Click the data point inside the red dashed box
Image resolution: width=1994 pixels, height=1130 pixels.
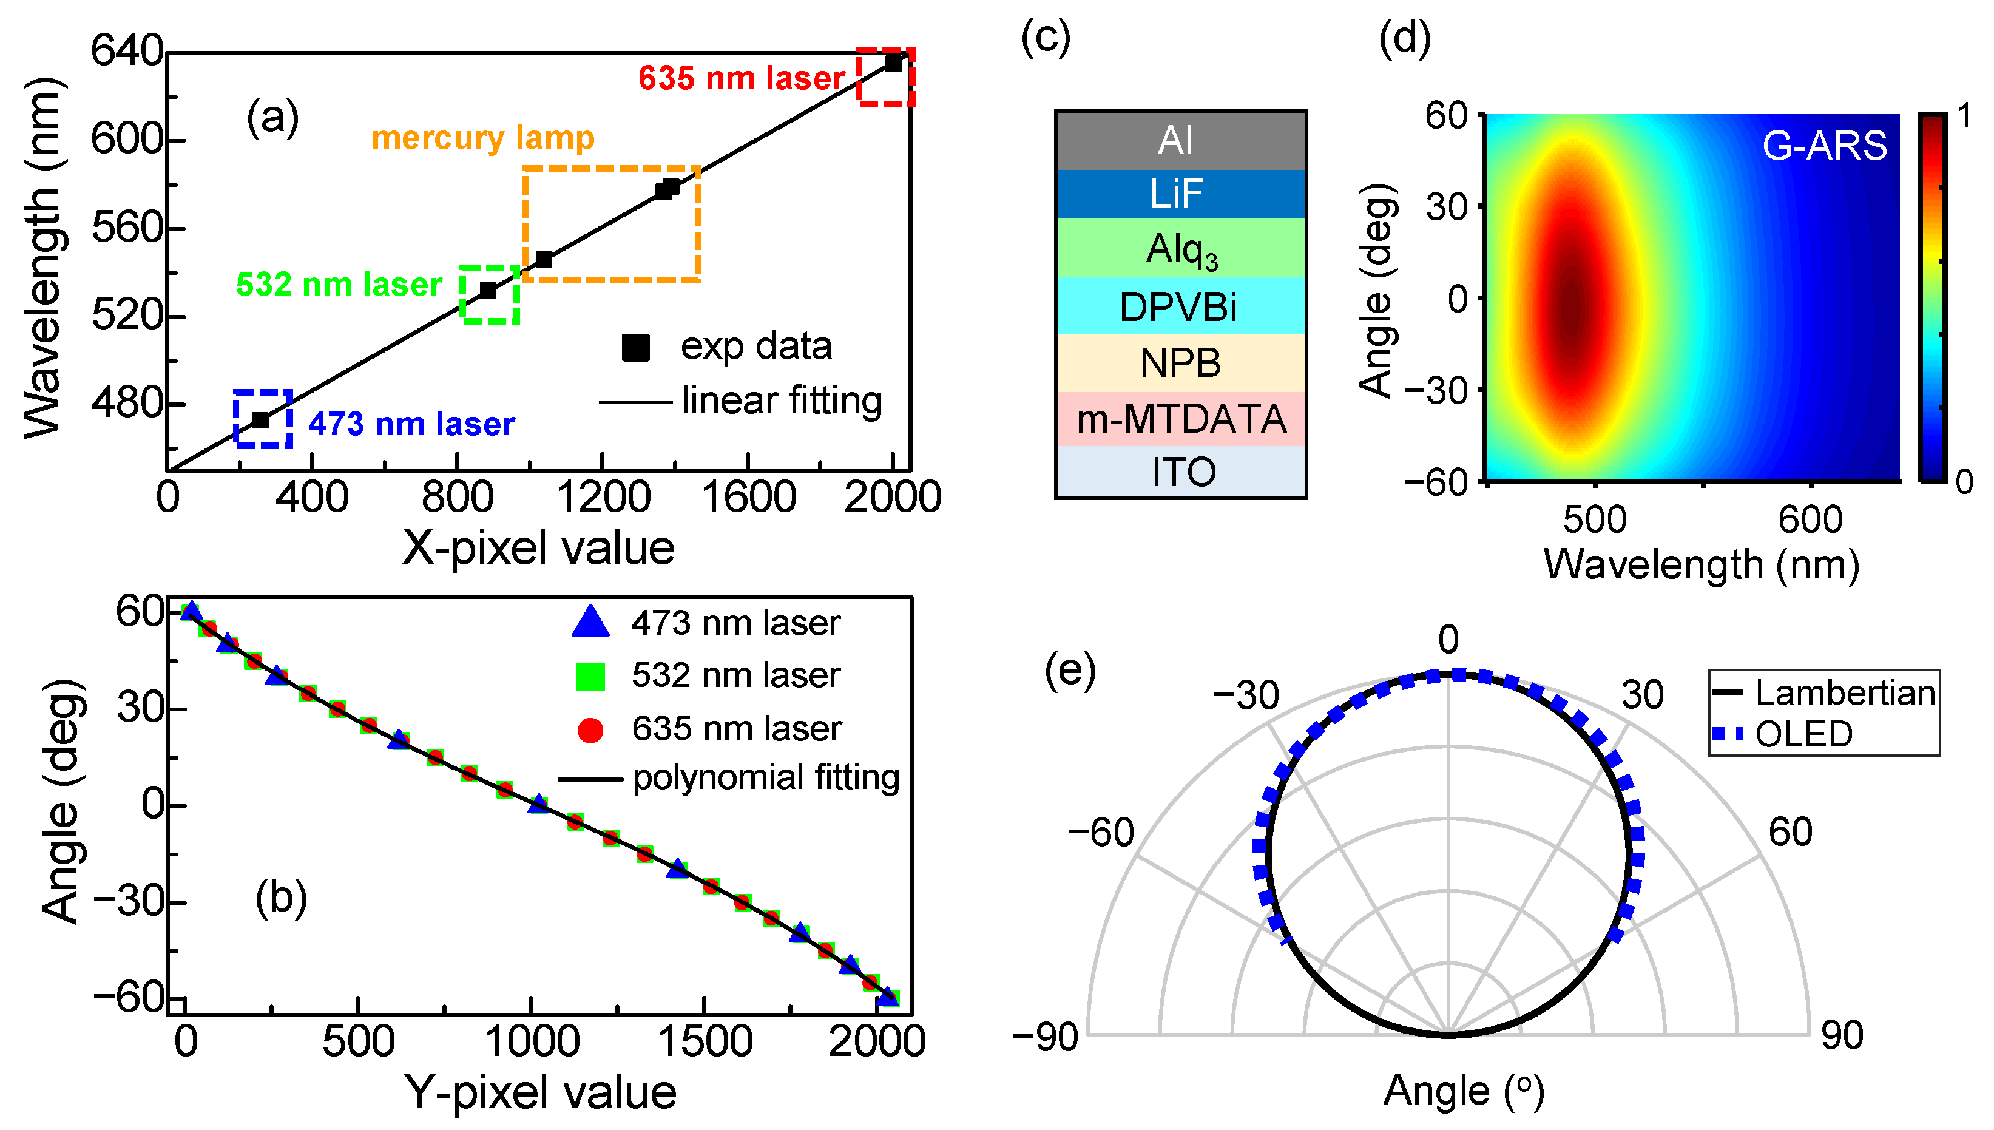pyautogui.click(x=893, y=63)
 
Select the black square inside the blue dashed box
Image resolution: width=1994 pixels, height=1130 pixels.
pyautogui.click(x=261, y=420)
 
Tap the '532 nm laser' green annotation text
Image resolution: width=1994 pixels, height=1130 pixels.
pyautogui.click(x=339, y=285)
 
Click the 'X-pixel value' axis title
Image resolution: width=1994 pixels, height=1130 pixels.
pyautogui.click(x=538, y=548)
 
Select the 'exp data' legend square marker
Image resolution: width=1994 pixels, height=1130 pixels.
pyautogui.click(x=635, y=348)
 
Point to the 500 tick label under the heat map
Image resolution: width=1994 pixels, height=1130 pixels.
pyautogui.click(x=1595, y=519)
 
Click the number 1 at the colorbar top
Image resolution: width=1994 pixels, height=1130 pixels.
pyautogui.click(x=1964, y=117)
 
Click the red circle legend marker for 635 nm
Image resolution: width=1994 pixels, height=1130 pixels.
pyautogui.click(x=590, y=729)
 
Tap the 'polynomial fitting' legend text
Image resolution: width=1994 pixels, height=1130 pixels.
pyautogui.click(x=765, y=777)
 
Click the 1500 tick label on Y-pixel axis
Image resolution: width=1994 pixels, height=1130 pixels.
pyautogui.click(x=705, y=1041)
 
